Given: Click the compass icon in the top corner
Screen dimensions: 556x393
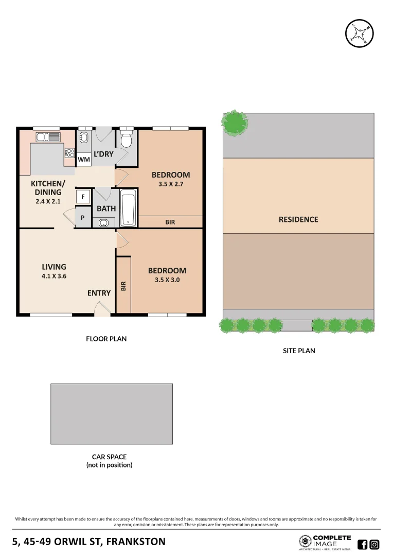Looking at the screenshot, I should click(359, 34).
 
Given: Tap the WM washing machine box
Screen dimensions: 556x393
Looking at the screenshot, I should click(84, 160).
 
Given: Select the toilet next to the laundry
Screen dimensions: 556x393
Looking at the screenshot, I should click(127, 141).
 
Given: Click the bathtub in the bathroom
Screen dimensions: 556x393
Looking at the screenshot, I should click(128, 208).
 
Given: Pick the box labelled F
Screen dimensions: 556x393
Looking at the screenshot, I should click(83, 197).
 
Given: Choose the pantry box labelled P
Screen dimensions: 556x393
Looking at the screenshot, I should click(83, 218).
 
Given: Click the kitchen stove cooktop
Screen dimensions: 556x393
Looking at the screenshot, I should click(69, 153).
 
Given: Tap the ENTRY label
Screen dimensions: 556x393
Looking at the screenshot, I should click(99, 293).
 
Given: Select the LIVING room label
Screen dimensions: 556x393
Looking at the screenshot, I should click(54, 267).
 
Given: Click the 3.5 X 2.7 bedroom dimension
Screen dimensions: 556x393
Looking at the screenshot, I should click(170, 184).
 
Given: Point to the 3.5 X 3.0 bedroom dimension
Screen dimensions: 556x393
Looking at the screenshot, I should click(167, 280).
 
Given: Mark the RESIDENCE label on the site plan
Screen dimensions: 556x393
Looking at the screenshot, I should click(298, 219).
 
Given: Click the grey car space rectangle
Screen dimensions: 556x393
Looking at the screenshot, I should click(111, 413).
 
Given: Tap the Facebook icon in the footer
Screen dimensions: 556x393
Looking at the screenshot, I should click(362, 544).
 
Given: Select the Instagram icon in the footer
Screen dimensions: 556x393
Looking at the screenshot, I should click(374, 544).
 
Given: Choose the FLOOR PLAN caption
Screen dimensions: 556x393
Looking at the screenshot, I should click(106, 339).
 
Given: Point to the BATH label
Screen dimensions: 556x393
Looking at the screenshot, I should click(106, 208).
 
